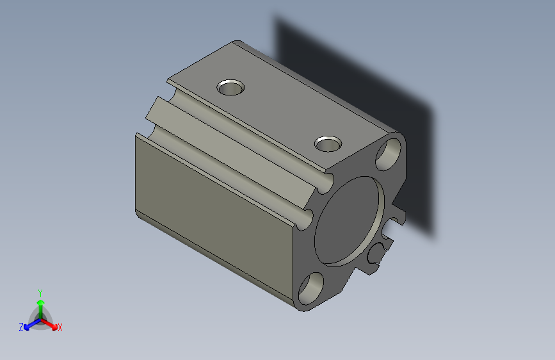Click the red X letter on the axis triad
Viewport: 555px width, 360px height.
pyautogui.click(x=60, y=328)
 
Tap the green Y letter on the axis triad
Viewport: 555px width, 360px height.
pyautogui.click(x=40, y=291)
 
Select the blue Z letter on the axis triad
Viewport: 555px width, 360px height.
pyautogui.click(x=21, y=327)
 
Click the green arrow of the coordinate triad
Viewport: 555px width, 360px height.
pyautogui.click(x=40, y=305)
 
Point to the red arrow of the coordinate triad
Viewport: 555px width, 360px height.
pyautogui.click(x=51, y=323)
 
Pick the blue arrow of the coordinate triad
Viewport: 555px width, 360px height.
pyautogui.click(x=29, y=323)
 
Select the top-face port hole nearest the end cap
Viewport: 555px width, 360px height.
pyautogui.click(x=328, y=143)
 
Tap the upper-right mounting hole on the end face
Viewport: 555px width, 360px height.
pyautogui.click(x=389, y=153)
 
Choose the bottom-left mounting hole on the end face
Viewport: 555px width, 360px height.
pyautogui.click(x=311, y=288)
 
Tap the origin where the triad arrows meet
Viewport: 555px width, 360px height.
pyautogui.click(x=40, y=318)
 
